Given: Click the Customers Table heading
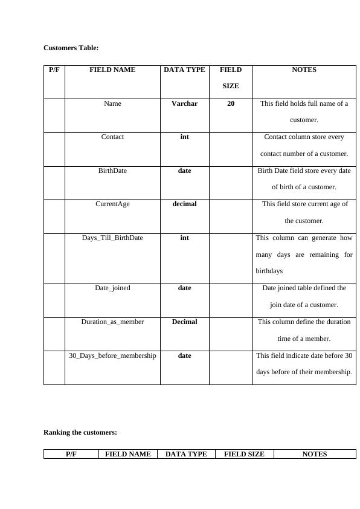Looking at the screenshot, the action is [71, 48].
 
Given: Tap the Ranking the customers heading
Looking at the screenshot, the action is [80, 432].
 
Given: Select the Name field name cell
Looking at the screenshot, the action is [112, 103].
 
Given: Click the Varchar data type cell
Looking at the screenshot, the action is [184, 103].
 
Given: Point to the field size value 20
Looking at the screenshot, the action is [231, 103].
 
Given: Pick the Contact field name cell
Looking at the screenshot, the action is [112, 137].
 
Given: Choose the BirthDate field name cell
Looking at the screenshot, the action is [112, 170].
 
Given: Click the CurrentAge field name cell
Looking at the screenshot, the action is [112, 204].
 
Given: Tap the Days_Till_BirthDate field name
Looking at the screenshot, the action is [112, 238].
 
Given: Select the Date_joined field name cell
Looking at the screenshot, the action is [112, 288].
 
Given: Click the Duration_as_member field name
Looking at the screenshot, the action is [112, 322].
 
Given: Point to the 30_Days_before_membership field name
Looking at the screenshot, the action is [112, 355].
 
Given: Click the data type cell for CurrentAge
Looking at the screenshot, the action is [184, 204].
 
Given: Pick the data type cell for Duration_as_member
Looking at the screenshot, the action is [184, 322].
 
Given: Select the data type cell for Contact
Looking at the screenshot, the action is [184, 137].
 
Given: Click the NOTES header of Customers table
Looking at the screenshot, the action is [304, 70].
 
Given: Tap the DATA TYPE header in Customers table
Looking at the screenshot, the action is [184, 70].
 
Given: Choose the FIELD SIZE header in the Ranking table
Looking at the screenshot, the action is [244, 454].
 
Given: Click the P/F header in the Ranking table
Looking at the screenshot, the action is [71, 454].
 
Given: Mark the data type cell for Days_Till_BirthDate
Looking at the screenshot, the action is [184, 238].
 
